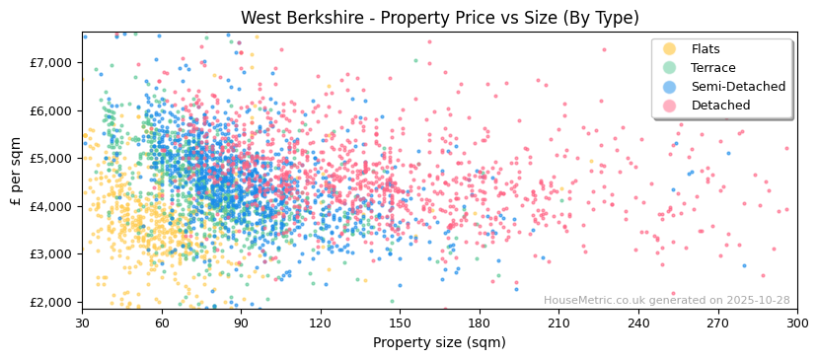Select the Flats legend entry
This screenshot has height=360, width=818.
pos(705,49)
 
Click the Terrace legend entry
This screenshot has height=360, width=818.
pos(712,68)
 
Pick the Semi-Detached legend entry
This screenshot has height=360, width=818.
pos(738,87)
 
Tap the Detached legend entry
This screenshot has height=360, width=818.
pos(720,106)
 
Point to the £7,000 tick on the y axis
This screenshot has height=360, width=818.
pos(52,63)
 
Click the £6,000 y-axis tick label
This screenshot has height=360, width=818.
pos(52,110)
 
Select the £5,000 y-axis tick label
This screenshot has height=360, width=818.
pos(52,159)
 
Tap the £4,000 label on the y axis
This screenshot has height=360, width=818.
pos(52,206)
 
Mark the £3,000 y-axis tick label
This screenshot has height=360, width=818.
pos(52,254)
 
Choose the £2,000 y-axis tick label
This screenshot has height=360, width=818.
pos(52,302)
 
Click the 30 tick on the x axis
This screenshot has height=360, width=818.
pos(83,323)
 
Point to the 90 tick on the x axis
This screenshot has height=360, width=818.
pos(242,323)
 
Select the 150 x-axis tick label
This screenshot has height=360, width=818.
pos(401,323)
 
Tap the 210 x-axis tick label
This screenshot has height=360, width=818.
pos(559,323)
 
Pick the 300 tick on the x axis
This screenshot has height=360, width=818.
pos(797,323)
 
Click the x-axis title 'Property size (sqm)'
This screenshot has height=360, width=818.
pos(439,343)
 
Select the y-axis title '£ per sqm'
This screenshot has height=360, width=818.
pos(16,172)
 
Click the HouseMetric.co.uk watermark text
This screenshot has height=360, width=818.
pos(666,301)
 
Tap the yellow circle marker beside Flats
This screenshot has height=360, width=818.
pos(669,49)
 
